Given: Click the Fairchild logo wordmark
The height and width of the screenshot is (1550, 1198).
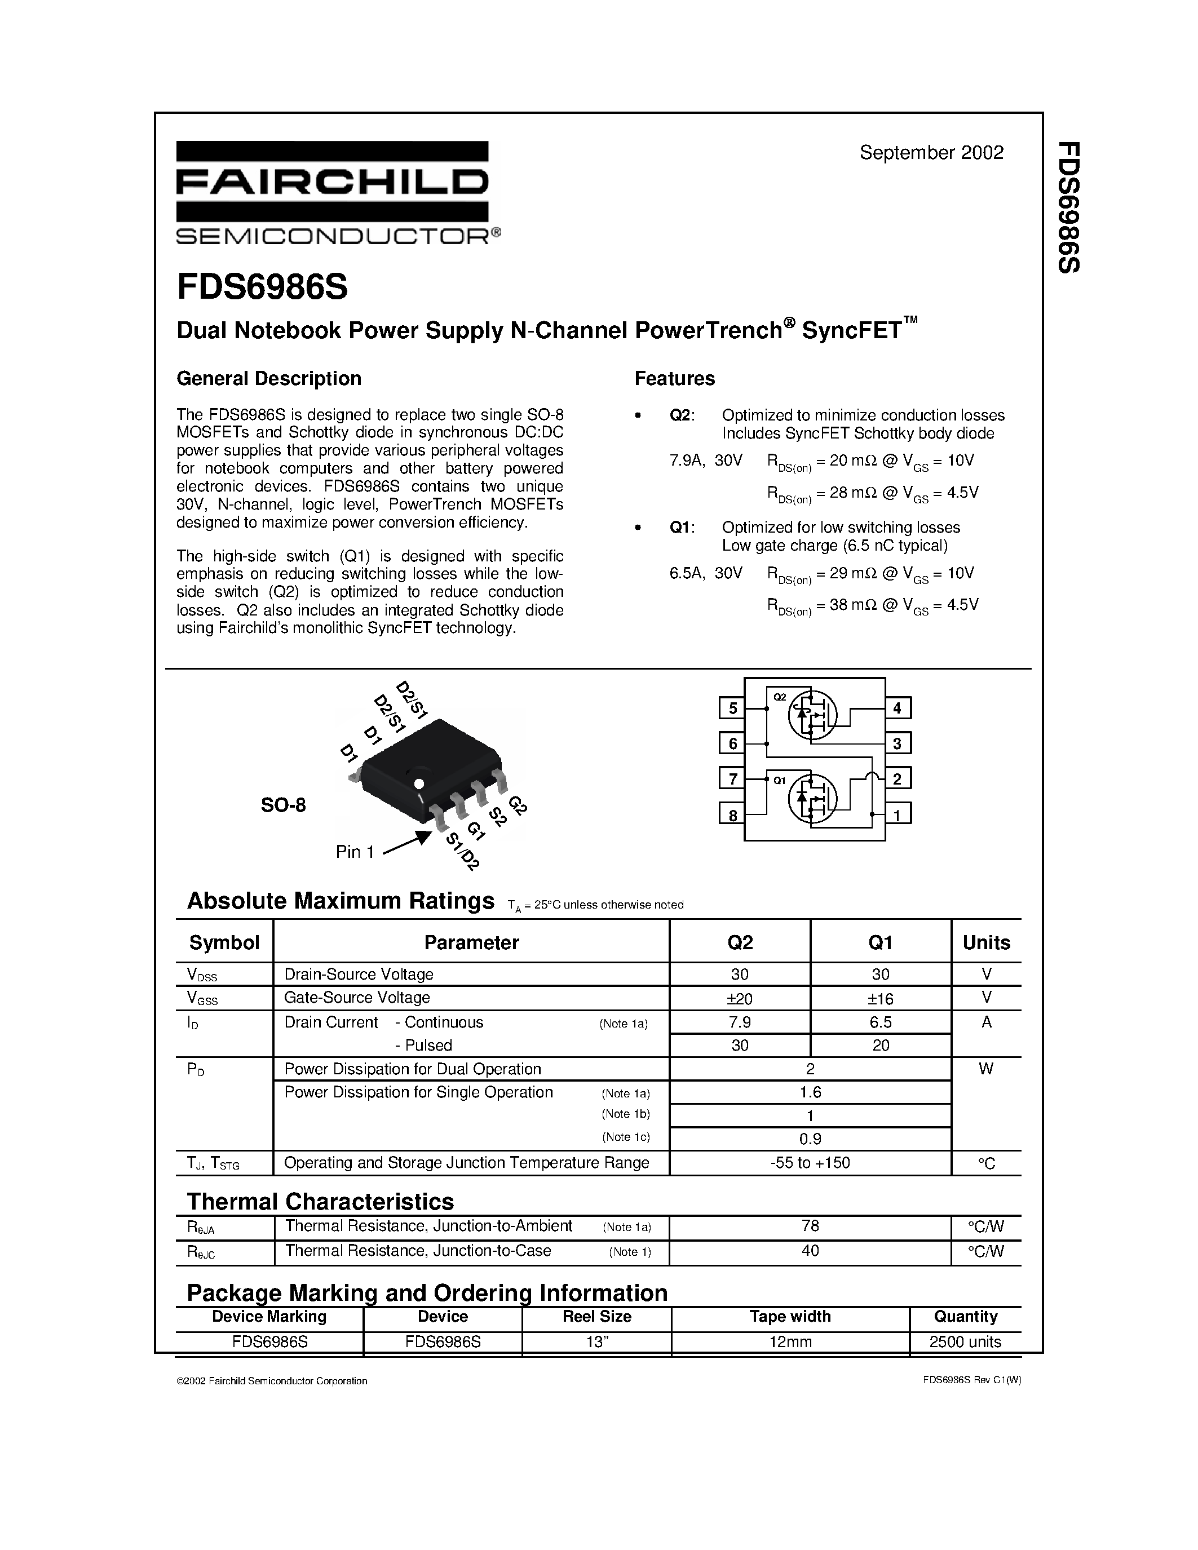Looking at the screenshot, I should [x=332, y=183].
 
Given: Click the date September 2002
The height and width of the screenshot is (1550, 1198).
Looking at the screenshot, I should [x=931, y=153].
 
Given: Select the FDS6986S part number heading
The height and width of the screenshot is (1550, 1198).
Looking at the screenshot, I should [x=262, y=287].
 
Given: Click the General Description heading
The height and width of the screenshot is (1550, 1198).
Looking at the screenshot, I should [x=268, y=378].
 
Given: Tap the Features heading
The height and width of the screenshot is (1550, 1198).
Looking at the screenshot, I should [x=674, y=378].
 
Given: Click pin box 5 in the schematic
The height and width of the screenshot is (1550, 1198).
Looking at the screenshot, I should [x=732, y=708].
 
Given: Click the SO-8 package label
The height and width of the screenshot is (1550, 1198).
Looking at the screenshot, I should [x=283, y=805].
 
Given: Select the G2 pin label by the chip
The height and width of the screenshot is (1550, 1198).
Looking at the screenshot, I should [x=518, y=805].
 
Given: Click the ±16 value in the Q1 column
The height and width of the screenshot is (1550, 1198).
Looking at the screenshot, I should [x=880, y=999].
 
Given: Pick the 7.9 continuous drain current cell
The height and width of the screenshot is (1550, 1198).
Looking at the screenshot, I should [x=740, y=1022].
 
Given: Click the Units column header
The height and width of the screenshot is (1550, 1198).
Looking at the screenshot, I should [x=986, y=942].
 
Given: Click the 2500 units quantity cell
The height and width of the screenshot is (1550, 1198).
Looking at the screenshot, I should [x=965, y=1342].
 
